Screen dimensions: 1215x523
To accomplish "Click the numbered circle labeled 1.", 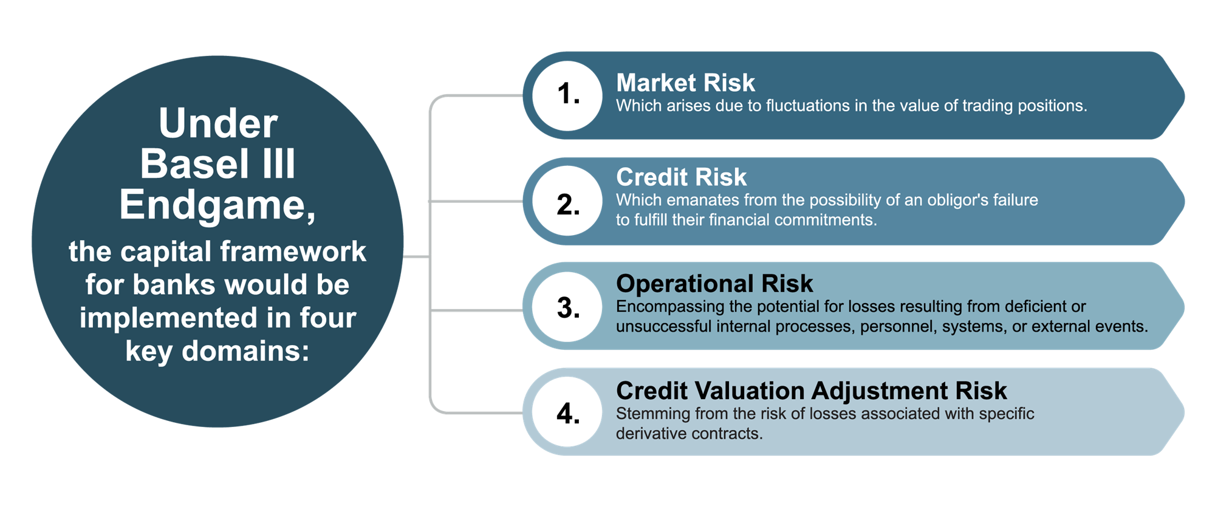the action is coord(567,95).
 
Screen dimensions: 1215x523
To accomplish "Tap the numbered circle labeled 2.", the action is coord(567,201).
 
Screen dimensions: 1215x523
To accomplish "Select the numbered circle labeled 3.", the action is coord(567,306).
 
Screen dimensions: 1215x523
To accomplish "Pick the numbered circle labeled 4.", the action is coord(567,412).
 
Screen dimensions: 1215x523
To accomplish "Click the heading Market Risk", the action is coord(685,83).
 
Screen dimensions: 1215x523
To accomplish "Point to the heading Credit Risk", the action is coord(681,177).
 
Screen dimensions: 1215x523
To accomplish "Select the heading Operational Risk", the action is coord(714,283).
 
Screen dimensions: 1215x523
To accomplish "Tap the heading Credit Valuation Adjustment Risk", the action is coord(812,390).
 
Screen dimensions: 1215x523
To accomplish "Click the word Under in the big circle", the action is coord(218,123).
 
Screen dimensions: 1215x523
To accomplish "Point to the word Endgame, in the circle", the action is coord(217,205).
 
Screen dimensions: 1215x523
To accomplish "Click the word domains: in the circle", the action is coord(245,351).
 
